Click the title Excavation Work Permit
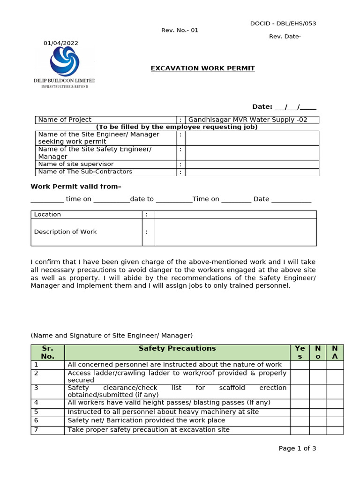[x=202, y=68]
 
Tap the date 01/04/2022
[x=61, y=43]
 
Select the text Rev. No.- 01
[x=180, y=30]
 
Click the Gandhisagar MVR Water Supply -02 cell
[x=252, y=120]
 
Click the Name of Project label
[x=65, y=120]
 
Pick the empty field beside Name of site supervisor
[x=252, y=165]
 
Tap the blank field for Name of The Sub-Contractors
[x=252, y=172]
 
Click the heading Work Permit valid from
[x=76, y=187]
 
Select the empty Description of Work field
[x=235, y=232]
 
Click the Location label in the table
[x=47, y=215]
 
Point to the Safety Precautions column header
[x=177, y=348]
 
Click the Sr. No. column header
[x=48, y=352]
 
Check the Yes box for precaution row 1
[x=300, y=365]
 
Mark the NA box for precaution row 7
[x=335, y=430]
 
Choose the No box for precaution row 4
[x=317, y=403]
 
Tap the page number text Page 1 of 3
[x=297, y=449]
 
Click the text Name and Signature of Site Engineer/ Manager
[x=112, y=336]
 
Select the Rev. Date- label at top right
[x=285, y=37]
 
